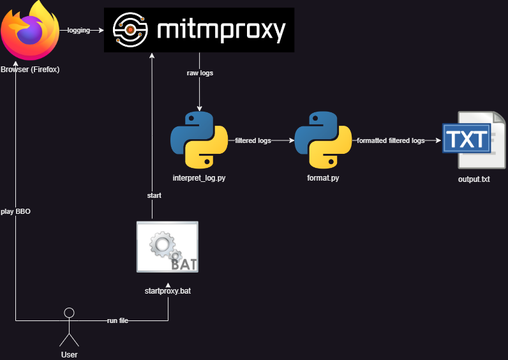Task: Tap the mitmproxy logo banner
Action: point(200,29)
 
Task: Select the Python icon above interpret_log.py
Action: point(200,140)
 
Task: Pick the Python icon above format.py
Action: point(323,140)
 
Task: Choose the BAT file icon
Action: point(168,246)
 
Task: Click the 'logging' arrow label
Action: point(79,30)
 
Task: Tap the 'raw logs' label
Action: point(200,73)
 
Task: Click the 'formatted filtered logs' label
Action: point(391,140)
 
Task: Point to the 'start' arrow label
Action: point(154,195)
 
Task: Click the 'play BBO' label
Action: point(15,211)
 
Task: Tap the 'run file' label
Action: point(117,320)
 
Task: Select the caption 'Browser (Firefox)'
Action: point(30,70)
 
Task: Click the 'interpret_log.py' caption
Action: point(199,178)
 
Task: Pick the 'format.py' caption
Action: point(323,178)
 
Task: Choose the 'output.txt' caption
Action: point(474,179)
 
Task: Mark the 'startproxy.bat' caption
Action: point(168,292)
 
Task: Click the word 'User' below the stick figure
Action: point(69,354)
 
